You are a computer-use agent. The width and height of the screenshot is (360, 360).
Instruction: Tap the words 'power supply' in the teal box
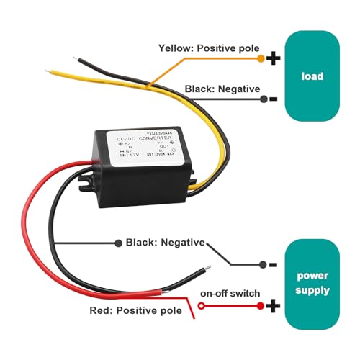(312, 284)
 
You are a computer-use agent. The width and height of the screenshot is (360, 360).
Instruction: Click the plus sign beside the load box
(274, 59)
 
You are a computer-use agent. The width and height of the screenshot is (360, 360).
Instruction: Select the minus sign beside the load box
(274, 99)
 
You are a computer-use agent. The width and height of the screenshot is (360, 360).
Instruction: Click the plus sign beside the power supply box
(274, 306)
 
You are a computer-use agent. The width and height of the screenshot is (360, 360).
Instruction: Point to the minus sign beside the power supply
(274, 264)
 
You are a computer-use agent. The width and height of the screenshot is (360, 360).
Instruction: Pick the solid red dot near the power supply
(260, 306)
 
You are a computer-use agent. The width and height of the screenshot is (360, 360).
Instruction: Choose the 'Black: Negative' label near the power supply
(165, 243)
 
